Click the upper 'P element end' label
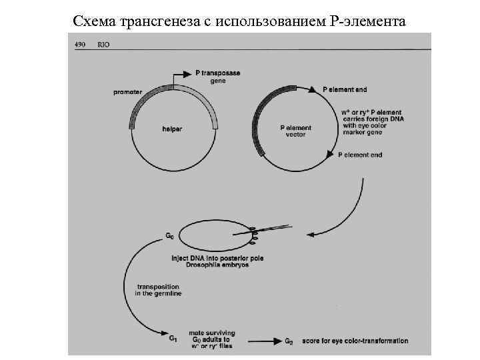(x=344, y=89)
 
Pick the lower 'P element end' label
(x=360, y=155)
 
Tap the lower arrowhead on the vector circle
(x=329, y=155)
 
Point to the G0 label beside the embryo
(x=170, y=235)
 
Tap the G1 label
(x=172, y=338)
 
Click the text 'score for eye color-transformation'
(x=355, y=341)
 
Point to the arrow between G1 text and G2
(x=256, y=341)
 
